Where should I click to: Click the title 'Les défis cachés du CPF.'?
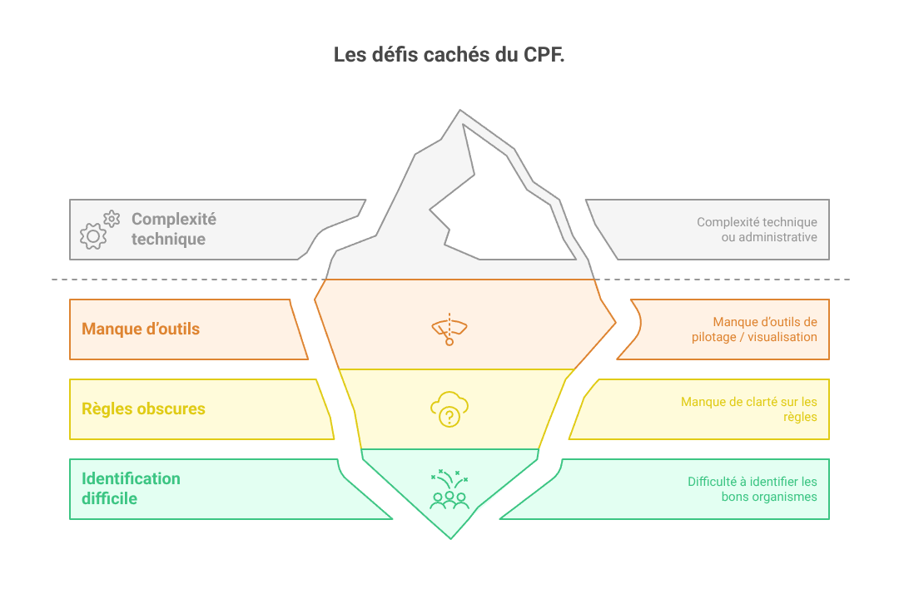449,54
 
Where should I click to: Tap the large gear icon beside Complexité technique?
93,236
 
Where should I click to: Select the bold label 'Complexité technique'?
174,229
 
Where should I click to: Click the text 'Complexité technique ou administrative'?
757,229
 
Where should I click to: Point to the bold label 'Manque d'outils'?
141,329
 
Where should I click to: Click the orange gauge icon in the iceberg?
449,329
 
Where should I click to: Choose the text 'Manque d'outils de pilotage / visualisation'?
754,329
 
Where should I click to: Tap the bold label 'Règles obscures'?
143,408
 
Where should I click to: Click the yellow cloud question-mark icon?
449,409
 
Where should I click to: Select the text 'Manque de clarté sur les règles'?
749,409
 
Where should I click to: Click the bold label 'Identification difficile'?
131,488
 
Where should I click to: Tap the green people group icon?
449,490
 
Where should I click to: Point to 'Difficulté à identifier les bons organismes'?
752,488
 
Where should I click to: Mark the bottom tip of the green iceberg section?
450,538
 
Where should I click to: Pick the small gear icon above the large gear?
112,218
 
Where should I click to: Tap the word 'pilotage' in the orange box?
714,337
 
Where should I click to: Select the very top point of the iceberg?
459,110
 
